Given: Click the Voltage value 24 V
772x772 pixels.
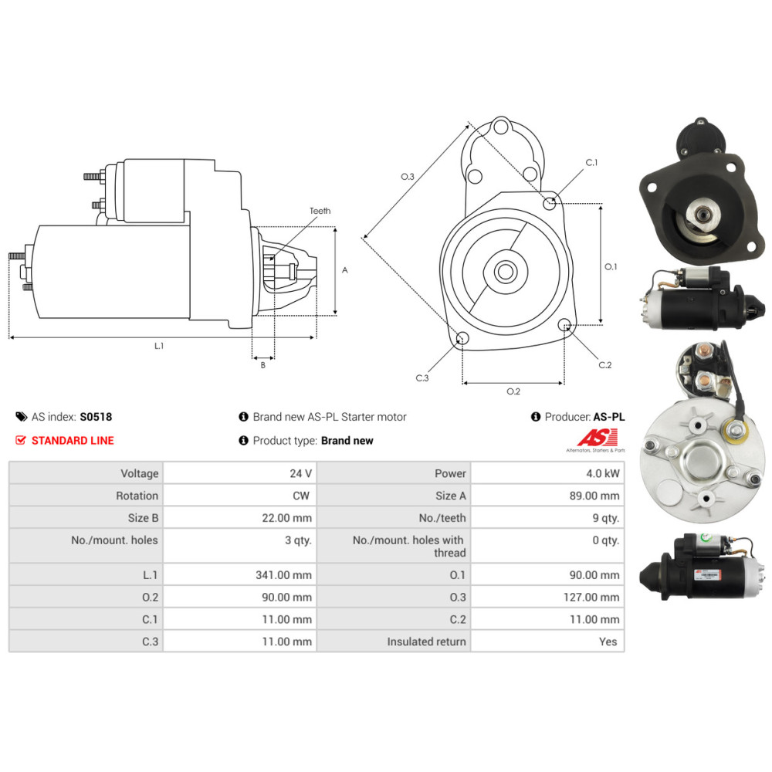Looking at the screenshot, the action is (300, 474).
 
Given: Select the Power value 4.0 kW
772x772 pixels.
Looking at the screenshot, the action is (603, 474).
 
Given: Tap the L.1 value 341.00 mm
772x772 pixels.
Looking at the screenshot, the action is (283, 575).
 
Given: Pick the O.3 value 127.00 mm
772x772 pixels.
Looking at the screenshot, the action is (591, 598).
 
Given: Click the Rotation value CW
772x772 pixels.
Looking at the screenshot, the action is (301, 496).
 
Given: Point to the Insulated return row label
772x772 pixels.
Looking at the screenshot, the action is (426, 642).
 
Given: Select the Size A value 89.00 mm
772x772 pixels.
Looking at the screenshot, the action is (594, 496).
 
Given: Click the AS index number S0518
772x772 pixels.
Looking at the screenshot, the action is (96, 417).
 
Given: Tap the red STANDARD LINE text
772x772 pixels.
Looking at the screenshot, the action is (73, 441).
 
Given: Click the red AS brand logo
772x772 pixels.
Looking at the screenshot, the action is (598, 437).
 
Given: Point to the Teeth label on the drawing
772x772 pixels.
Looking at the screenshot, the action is (320, 211).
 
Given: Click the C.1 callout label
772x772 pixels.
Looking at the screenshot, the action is (591, 162).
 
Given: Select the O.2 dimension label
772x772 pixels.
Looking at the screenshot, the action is (513, 391).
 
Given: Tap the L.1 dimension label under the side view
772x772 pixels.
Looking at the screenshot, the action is (158, 346).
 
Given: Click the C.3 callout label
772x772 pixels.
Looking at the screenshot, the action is (422, 378).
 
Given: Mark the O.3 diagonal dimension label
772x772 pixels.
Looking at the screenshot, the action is (407, 176).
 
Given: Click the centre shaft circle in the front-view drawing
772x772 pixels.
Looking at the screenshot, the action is (506, 271).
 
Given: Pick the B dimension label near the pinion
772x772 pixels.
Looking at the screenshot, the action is (263, 365).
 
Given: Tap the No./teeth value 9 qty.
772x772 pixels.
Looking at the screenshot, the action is (605, 518).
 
